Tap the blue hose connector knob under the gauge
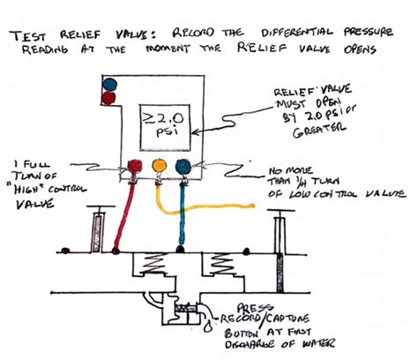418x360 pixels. coord(183,166)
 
